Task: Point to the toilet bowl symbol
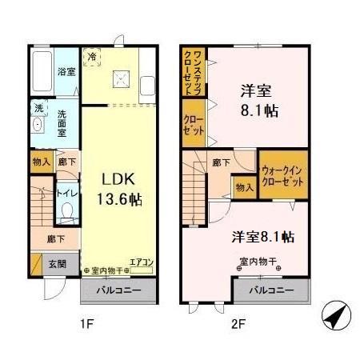point(68,212)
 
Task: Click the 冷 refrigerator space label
point(93,57)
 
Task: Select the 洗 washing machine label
point(37,107)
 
